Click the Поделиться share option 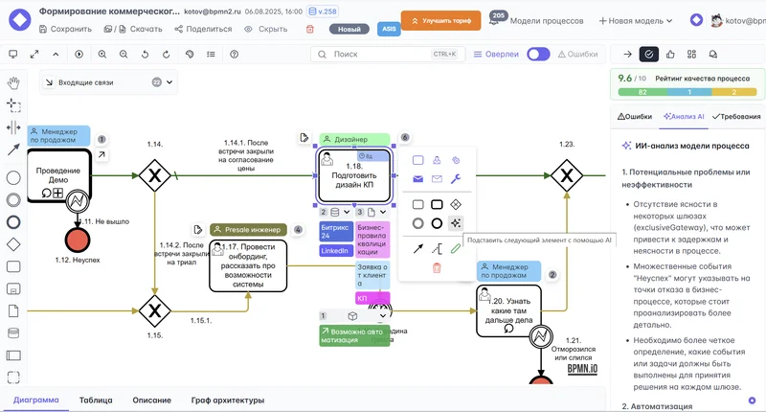[x=203, y=29]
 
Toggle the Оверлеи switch [x=538, y=55]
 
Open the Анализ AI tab [x=684, y=116]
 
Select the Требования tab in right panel [x=736, y=116]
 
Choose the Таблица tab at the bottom [x=96, y=400]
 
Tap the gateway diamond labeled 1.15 [x=153, y=310]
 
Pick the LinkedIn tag [x=334, y=251]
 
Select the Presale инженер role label [x=248, y=230]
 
